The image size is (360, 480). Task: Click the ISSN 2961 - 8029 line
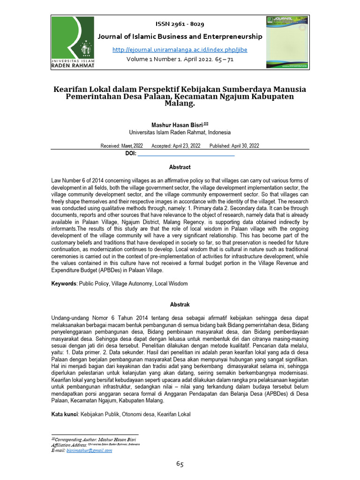pos(180,24)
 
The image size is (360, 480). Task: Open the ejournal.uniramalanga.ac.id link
pos(180,50)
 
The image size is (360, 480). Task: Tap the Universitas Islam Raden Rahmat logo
pos(73,42)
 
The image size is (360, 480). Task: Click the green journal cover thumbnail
pos(287,42)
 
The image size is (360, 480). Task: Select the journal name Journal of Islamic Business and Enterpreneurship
pos(180,37)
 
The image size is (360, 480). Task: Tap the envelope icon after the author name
pos(205,124)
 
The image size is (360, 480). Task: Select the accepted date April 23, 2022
pos(176,146)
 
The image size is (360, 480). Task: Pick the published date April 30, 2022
pos(234,146)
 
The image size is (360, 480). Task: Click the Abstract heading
pos(180,167)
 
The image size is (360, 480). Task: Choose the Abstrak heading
pos(180,304)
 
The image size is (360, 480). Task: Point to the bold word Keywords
pos(63,284)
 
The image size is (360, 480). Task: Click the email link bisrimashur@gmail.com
pos(89,450)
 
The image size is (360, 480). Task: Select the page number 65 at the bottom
pos(180,464)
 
